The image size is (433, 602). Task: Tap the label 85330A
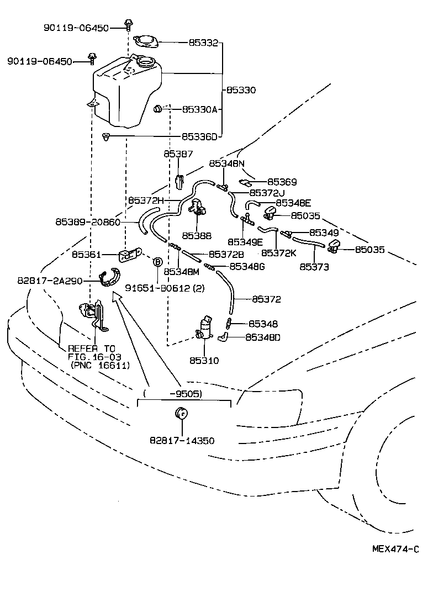pyautogui.click(x=200, y=109)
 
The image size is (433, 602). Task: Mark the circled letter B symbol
pyautogui.click(x=157, y=262)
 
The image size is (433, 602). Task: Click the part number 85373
pyautogui.click(x=314, y=267)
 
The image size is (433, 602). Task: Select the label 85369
pyautogui.click(x=282, y=181)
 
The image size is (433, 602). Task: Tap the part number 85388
pyautogui.click(x=196, y=235)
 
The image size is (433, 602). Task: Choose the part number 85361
pyautogui.click(x=86, y=255)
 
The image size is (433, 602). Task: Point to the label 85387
pyautogui.click(x=178, y=155)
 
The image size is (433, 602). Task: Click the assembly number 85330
pyautogui.click(x=241, y=89)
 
